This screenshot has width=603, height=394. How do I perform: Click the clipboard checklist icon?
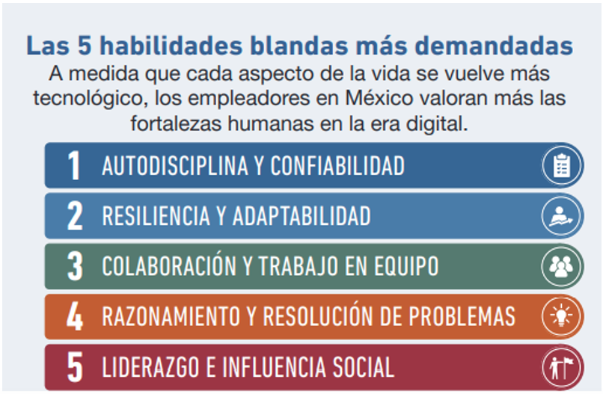pos(562,165)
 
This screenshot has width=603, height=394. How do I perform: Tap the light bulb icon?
pos(561,315)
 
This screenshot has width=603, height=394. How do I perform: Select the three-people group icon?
pos(561,266)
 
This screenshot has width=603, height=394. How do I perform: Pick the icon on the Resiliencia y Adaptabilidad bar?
pos(560,216)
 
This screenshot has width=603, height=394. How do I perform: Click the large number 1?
pos(74,165)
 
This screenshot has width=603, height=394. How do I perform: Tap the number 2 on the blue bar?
pos(75,215)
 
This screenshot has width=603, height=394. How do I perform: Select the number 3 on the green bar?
pos(75,266)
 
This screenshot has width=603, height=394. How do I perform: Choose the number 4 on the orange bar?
pos(75,316)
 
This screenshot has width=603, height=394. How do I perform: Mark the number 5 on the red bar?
pos(75,367)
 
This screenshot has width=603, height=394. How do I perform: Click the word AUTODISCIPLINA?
pos(175,166)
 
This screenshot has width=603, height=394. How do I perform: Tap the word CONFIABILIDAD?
pos(337,166)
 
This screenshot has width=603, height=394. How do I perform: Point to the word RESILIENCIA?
pos(156,215)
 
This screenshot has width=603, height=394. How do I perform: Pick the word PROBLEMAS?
pos(462,316)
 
